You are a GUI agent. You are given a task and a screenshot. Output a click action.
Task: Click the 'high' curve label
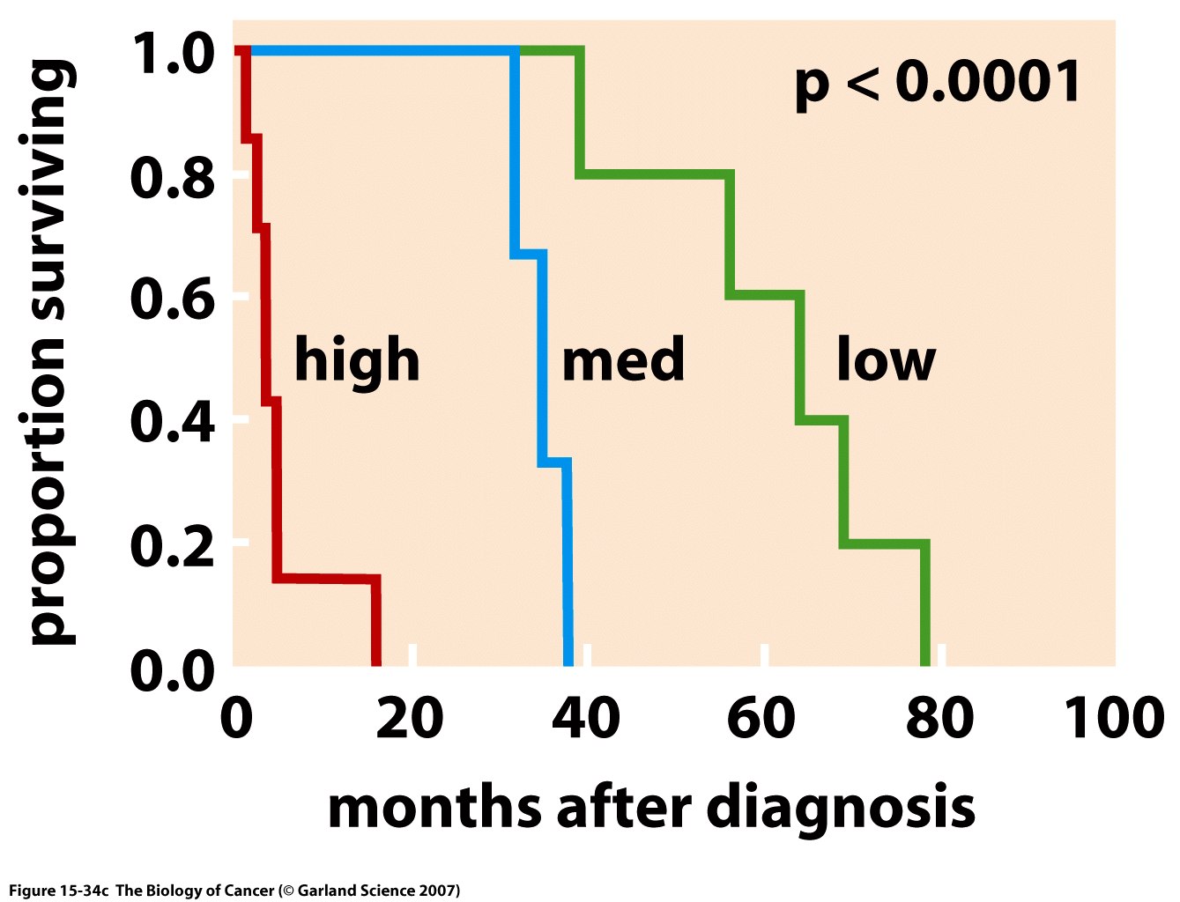point(356,361)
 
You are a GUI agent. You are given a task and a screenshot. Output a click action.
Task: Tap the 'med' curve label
point(623,361)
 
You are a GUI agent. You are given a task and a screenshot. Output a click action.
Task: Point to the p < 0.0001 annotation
point(938,84)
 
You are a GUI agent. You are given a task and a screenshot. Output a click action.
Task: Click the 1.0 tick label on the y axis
point(173,54)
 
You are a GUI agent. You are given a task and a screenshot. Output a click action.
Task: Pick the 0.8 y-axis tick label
point(173,177)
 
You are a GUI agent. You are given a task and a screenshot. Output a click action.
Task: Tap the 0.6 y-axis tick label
point(173,299)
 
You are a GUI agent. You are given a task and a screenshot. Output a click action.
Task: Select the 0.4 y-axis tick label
point(173,421)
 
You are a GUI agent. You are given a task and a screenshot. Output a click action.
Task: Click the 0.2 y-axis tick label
point(173,544)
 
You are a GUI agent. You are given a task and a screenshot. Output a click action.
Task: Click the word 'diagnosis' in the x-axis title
point(841,809)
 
